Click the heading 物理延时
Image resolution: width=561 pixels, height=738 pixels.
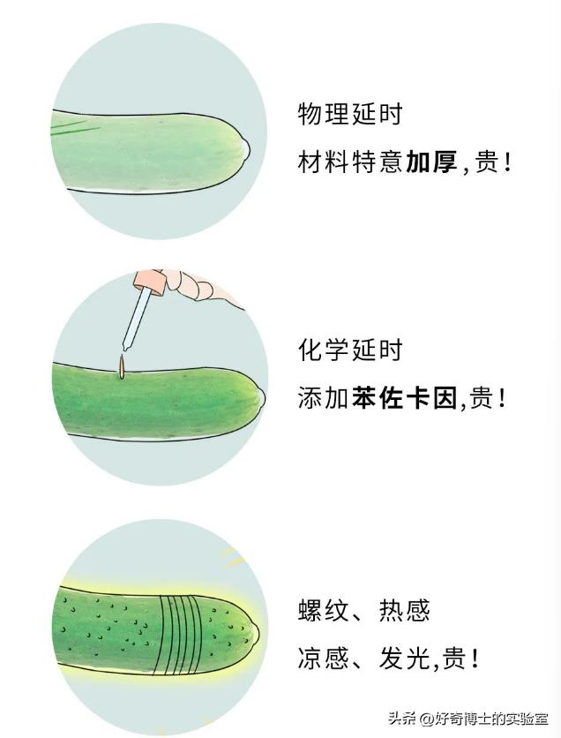click(x=350, y=115)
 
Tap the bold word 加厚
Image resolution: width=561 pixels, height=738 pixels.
click(x=431, y=162)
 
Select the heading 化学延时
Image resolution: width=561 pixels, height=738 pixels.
click(x=350, y=350)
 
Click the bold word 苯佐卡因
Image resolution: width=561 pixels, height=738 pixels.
click(x=404, y=398)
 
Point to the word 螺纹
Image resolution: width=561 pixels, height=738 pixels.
click(x=324, y=611)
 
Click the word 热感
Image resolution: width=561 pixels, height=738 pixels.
click(x=405, y=611)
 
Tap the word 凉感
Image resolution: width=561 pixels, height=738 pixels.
click(x=324, y=658)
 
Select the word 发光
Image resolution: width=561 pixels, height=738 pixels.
click(x=405, y=658)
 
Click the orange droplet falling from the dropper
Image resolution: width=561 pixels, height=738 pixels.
click(x=122, y=367)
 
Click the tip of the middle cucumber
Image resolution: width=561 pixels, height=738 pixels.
click(x=260, y=396)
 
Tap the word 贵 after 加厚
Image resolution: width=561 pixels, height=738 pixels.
click(x=487, y=162)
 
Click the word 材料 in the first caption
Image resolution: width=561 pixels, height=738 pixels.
click(x=324, y=162)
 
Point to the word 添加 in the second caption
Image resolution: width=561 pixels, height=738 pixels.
click(x=324, y=398)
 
